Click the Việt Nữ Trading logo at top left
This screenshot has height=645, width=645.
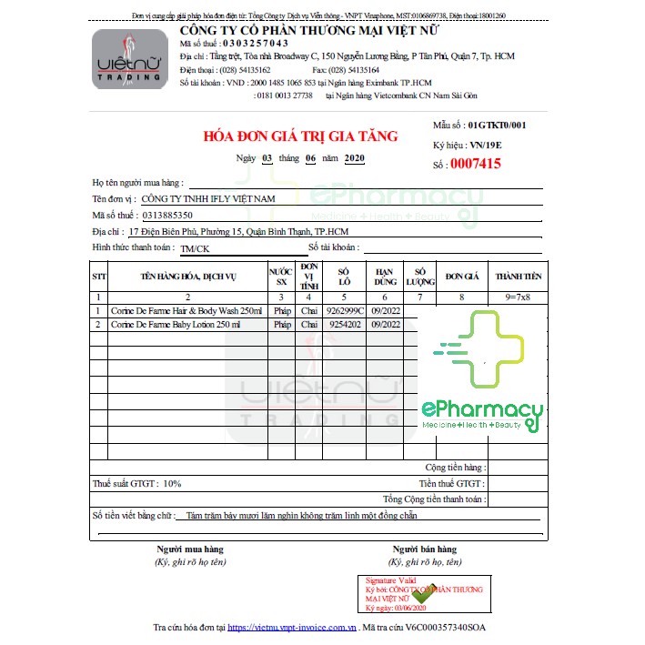128,61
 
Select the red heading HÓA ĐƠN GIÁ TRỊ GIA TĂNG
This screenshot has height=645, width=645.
300,136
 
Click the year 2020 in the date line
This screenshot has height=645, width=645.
354,157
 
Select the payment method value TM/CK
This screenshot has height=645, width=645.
195,248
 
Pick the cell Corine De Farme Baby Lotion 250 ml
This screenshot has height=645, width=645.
176,324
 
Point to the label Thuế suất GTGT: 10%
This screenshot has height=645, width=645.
137,484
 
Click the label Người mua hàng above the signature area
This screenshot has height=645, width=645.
189,549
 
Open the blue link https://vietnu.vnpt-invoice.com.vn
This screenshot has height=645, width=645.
290,628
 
